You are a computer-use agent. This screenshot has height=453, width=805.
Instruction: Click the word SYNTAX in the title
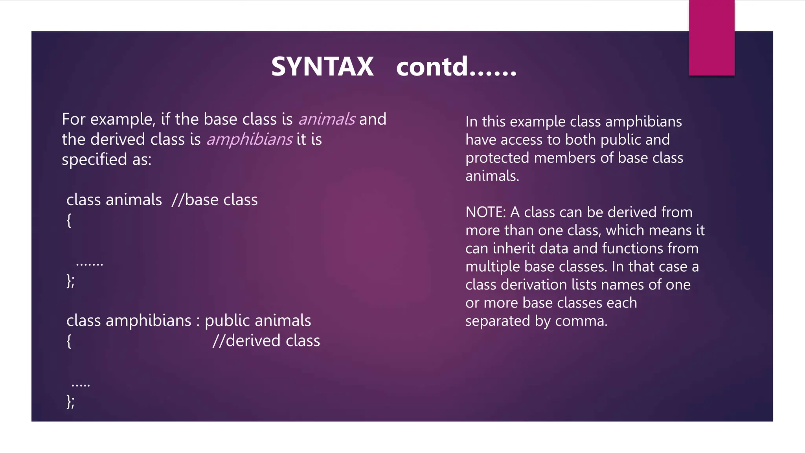click(x=322, y=66)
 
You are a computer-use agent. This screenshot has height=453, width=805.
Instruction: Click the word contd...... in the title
click(x=456, y=66)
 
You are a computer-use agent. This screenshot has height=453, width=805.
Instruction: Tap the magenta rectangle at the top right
click(x=711, y=38)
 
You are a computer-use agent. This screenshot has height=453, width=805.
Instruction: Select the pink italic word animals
click(x=327, y=119)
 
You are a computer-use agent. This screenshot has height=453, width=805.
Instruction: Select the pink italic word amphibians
click(x=249, y=139)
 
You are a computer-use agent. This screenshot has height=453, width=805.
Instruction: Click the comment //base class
click(x=215, y=200)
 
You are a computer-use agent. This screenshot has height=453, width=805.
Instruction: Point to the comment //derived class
click(x=266, y=341)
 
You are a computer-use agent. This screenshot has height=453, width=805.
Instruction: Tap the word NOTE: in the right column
click(x=485, y=212)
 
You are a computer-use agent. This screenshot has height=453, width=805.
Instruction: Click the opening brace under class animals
click(x=69, y=220)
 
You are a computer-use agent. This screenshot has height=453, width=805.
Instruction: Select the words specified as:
click(x=107, y=160)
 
